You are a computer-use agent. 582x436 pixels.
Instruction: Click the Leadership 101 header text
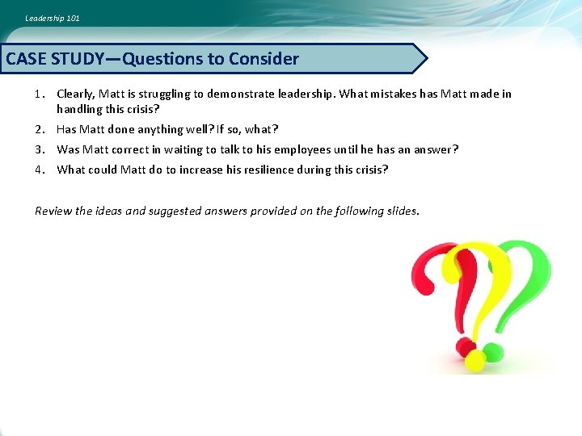(x=53, y=18)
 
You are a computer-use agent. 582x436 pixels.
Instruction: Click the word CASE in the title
(x=26, y=59)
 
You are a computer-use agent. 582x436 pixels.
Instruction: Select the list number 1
(x=39, y=94)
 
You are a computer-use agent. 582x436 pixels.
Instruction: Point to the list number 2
(x=39, y=129)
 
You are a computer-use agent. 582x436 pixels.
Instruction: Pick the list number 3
(x=39, y=149)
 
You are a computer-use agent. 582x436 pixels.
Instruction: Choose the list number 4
(x=39, y=170)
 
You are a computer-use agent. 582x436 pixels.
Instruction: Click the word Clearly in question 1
(x=74, y=94)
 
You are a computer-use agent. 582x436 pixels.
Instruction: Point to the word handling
(x=79, y=108)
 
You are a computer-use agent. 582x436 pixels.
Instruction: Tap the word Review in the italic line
(x=53, y=211)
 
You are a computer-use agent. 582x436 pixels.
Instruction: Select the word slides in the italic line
(x=402, y=211)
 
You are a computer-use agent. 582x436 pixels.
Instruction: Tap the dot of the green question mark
(x=493, y=353)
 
